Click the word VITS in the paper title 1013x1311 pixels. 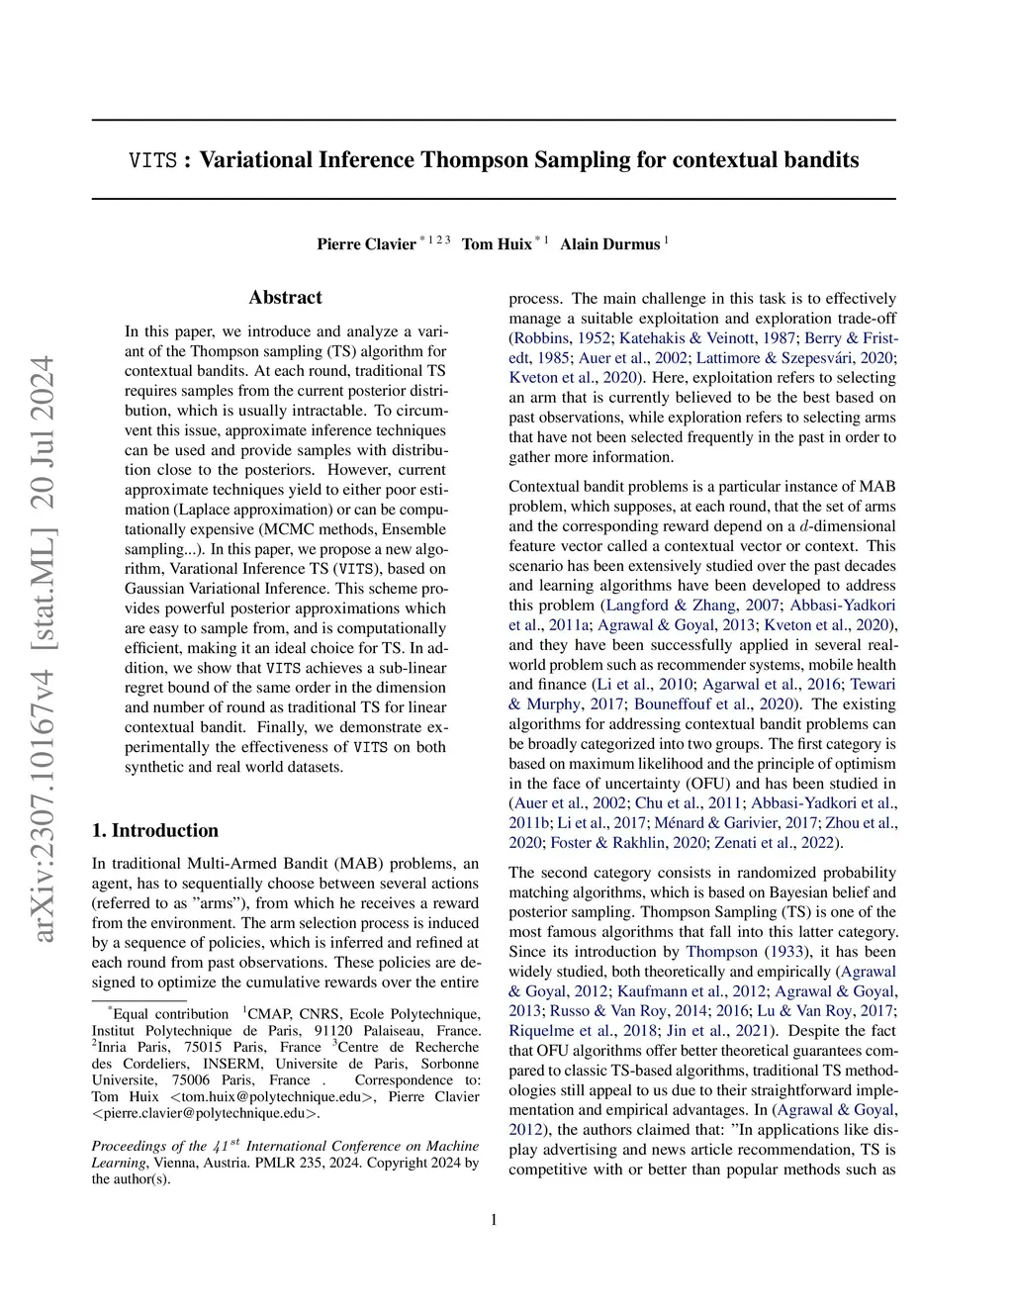[153, 160]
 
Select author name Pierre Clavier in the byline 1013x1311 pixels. [366, 244]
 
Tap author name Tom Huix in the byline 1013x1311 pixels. [497, 244]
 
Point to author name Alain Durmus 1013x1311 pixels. [609, 244]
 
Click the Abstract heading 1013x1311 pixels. [286, 298]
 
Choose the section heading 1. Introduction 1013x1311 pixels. [155, 830]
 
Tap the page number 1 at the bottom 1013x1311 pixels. [494, 1220]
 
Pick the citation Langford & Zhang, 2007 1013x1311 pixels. [692, 606]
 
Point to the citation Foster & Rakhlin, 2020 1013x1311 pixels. [628, 843]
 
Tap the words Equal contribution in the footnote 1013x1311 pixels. [170, 1014]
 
